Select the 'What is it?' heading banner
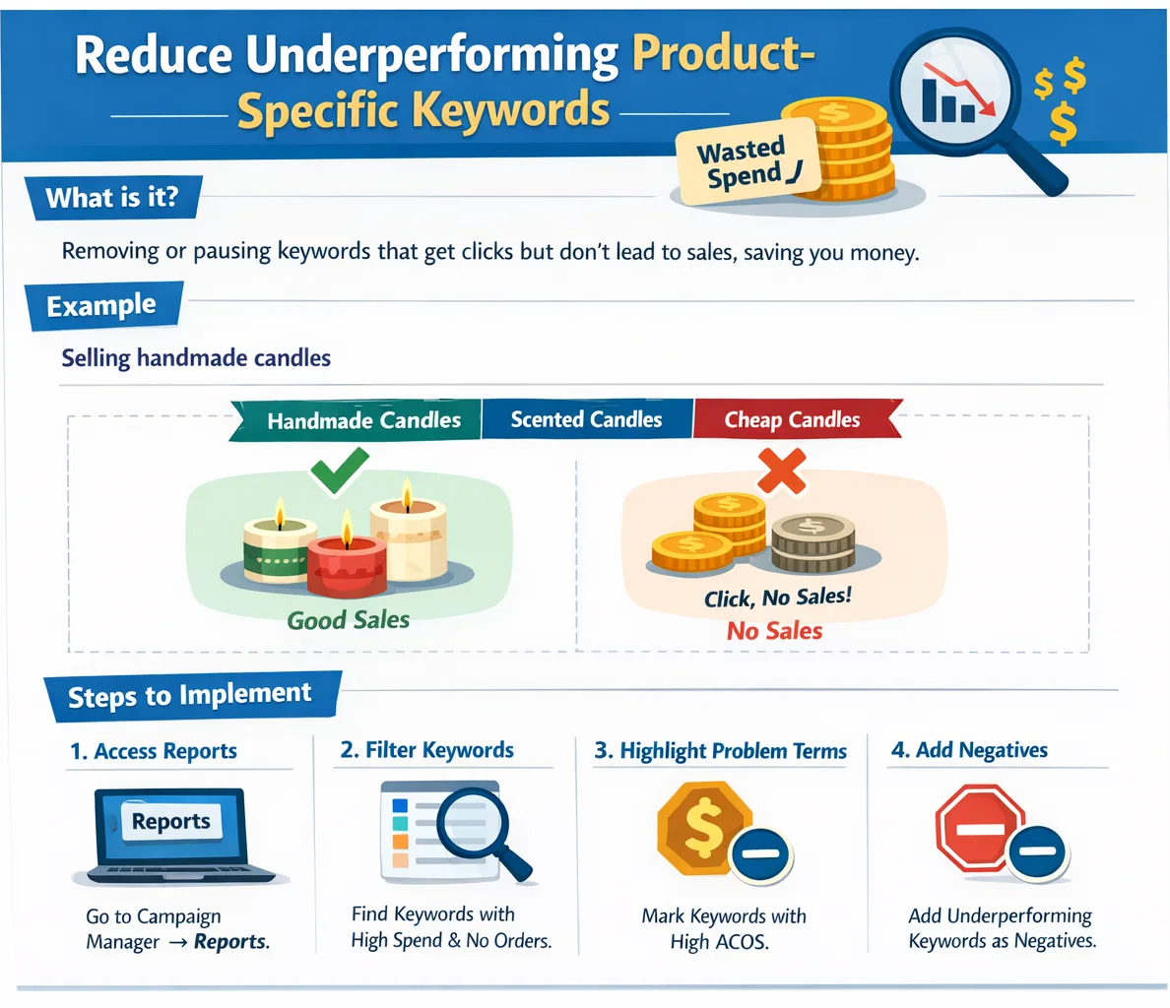(112, 198)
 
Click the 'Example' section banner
(103, 305)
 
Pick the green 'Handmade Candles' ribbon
(356, 420)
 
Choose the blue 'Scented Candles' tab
(587, 419)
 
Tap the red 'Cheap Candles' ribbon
(796, 419)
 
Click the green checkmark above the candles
(340, 470)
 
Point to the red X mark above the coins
(782, 471)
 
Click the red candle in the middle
(347, 564)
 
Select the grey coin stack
(812, 542)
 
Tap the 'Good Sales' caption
(349, 620)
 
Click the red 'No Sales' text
(774, 631)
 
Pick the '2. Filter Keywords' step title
(426, 749)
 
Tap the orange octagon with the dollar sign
(704, 828)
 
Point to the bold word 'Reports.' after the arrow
(231, 942)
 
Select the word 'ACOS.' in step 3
(742, 942)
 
